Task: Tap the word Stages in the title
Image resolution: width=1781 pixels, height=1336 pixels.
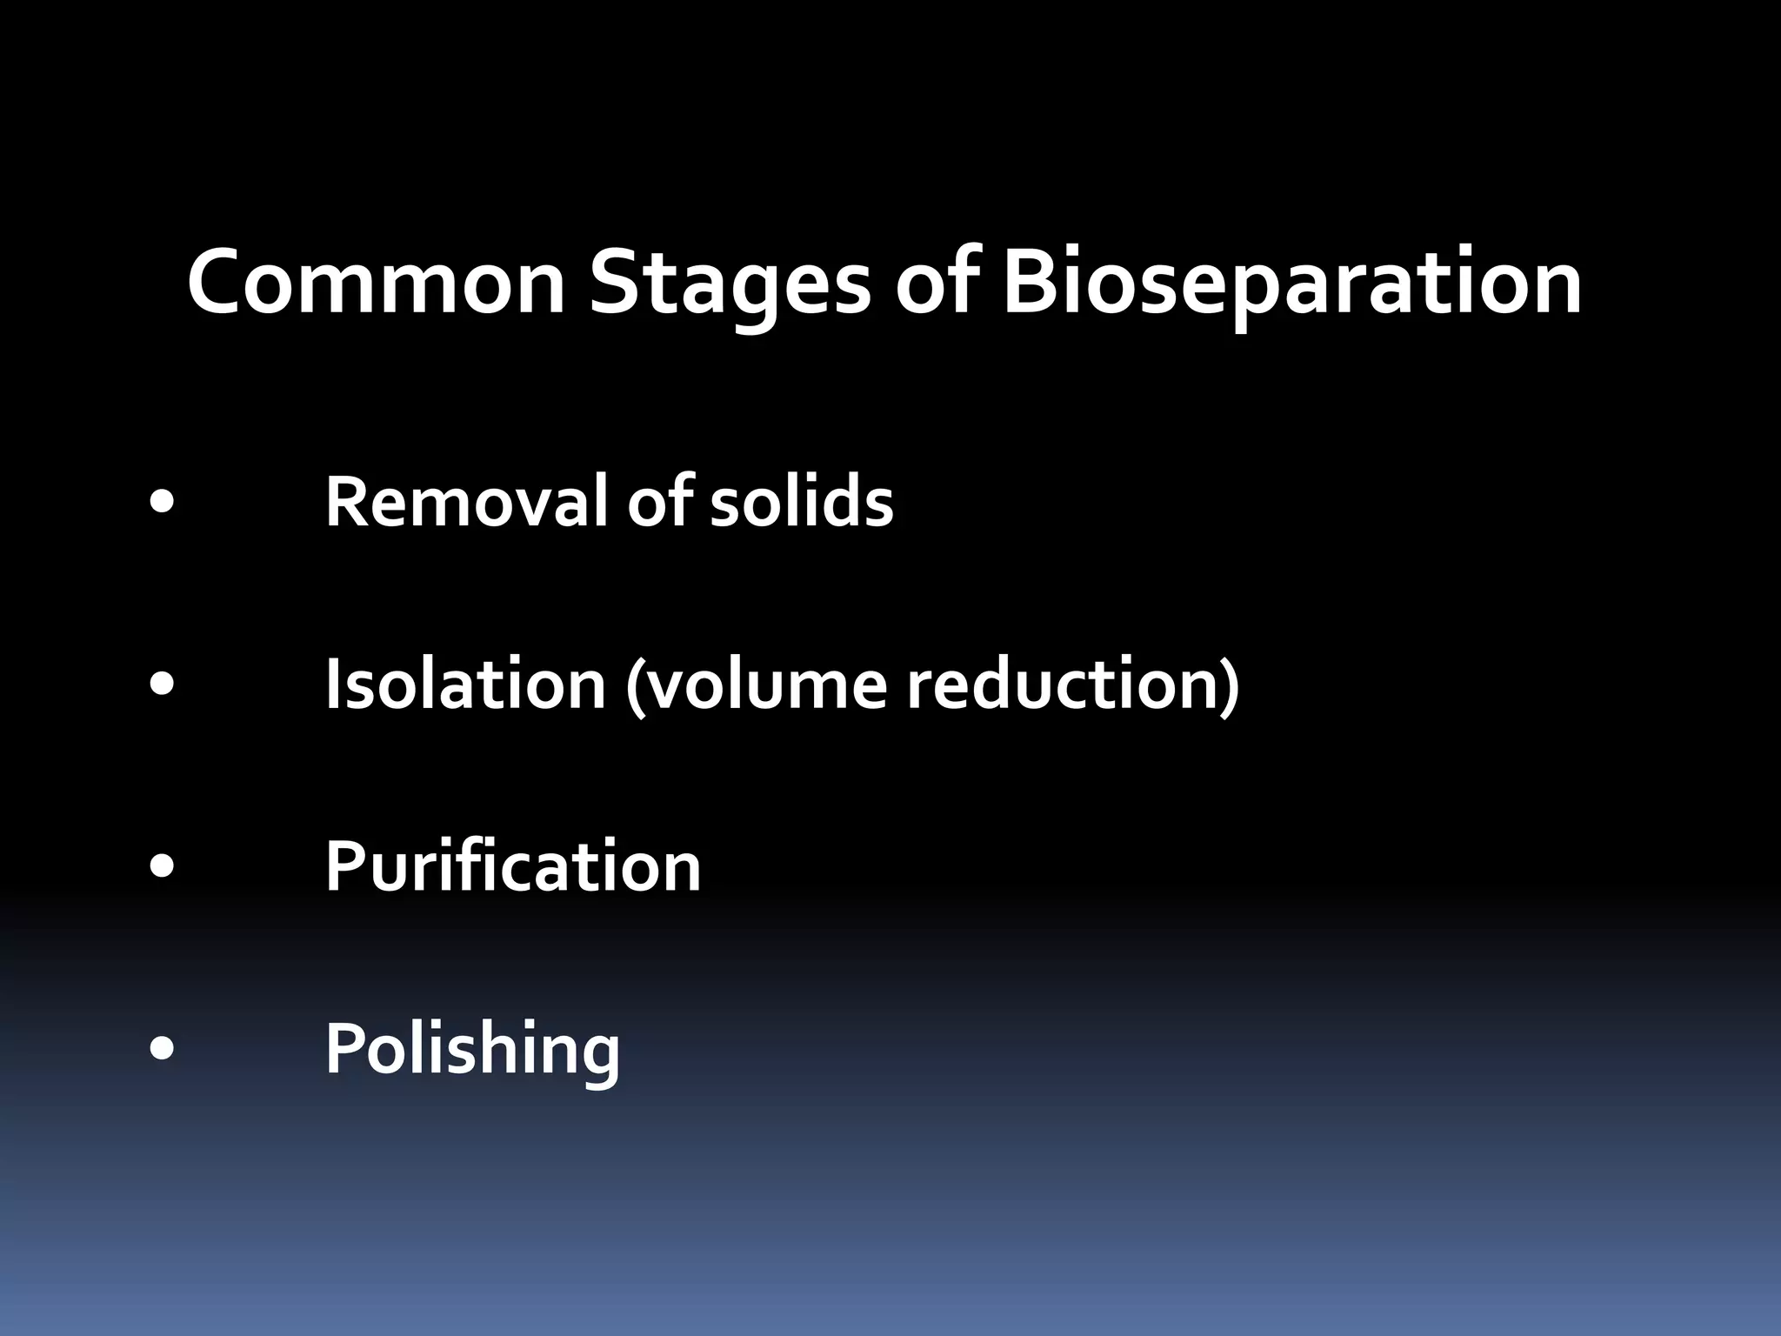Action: [x=729, y=283]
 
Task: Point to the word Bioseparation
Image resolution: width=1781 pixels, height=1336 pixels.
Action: [x=1291, y=283]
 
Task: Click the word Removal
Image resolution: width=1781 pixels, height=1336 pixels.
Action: [x=465, y=502]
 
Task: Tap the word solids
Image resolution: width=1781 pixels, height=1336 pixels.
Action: [x=801, y=502]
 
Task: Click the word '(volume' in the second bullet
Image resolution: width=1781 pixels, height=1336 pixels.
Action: [x=756, y=685]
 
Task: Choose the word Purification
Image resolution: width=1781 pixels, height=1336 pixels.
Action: [x=513, y=866]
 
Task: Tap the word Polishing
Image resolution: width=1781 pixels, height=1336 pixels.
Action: [x=472, y=1049]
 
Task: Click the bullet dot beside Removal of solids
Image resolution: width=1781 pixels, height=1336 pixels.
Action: [x=162, y=503]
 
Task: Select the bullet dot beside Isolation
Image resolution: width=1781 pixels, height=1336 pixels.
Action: [x=162, y=685]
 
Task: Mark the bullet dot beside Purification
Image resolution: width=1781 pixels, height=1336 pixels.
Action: [x=162, y=867]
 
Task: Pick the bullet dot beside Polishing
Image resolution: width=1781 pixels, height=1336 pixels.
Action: [x=162, y=1050]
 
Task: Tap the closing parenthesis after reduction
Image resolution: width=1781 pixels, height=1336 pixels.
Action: [x=1230, y=686]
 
